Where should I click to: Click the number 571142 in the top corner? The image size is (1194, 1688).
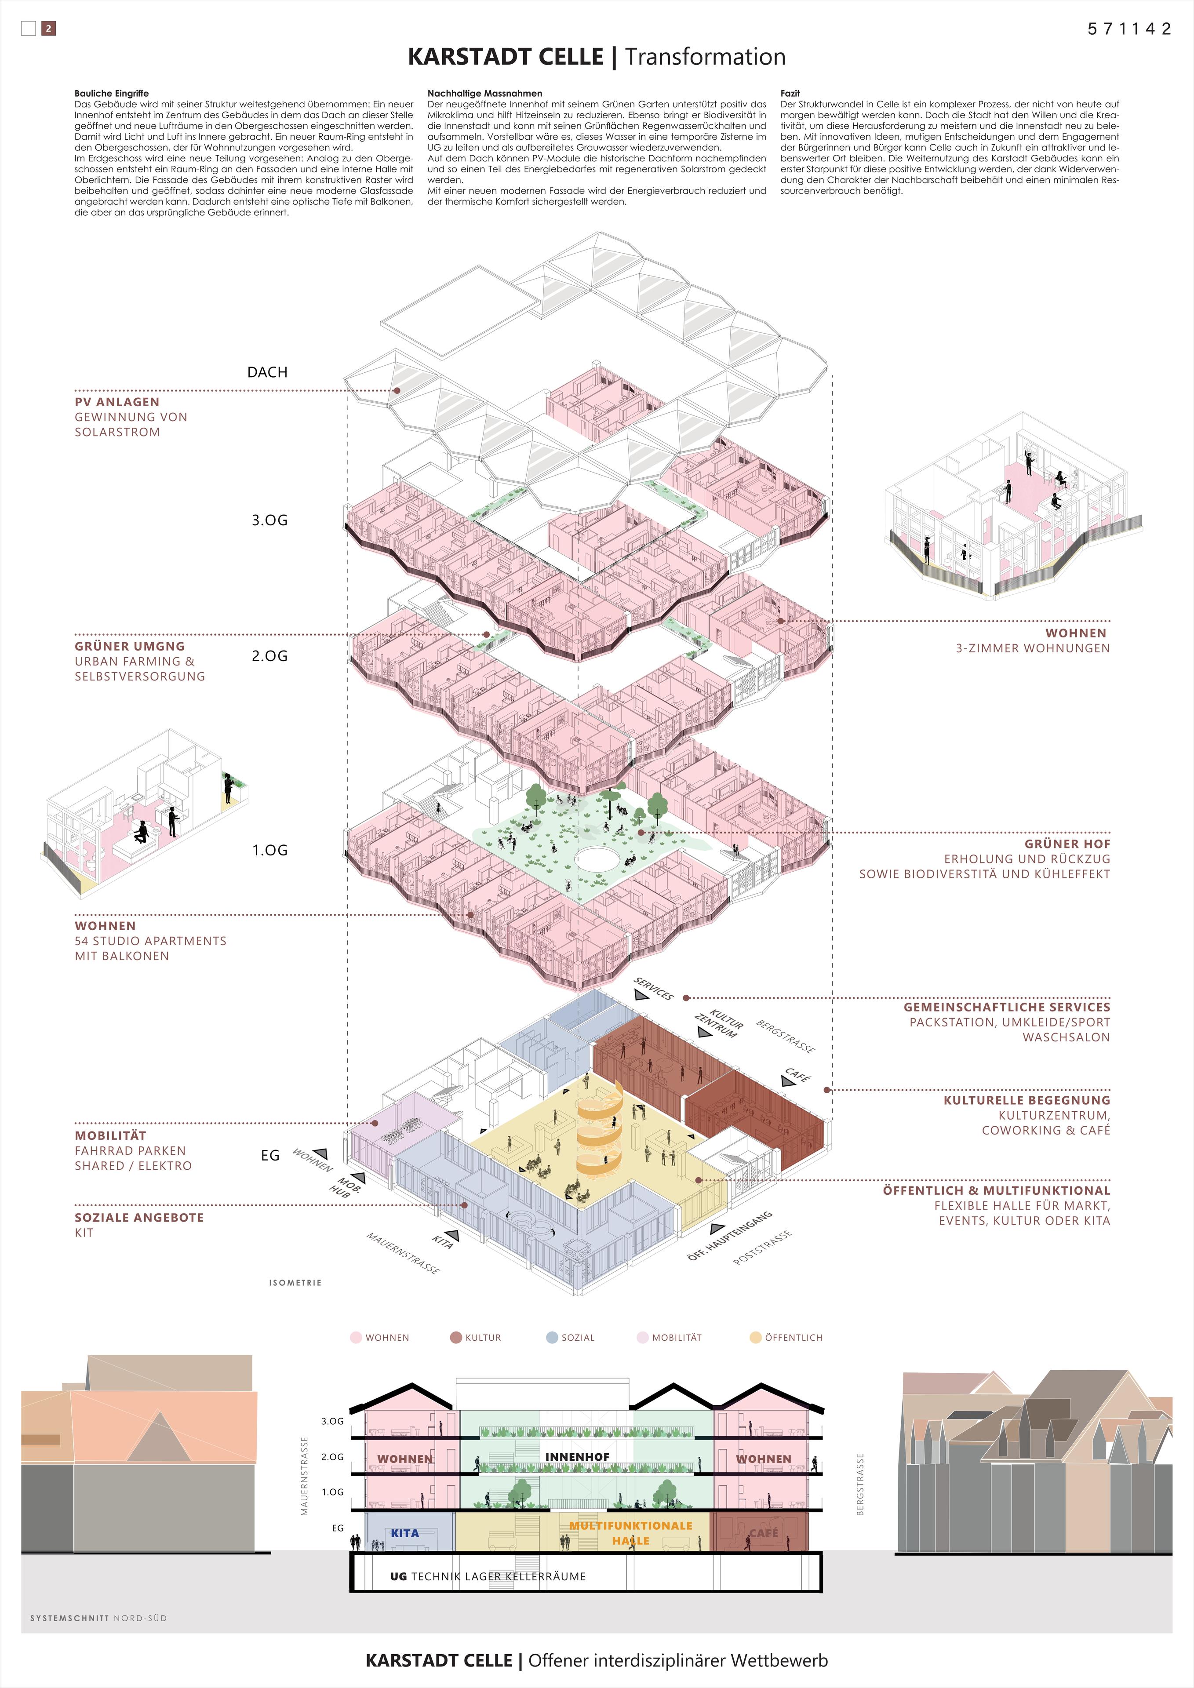tap(1129, 29)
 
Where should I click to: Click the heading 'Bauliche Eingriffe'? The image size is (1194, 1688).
tap(112, 93)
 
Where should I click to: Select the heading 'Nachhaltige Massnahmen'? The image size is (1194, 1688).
tap(484, 93)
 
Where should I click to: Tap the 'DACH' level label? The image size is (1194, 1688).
tap(267, 372)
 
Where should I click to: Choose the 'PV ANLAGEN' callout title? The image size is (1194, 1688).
tap(117, 402)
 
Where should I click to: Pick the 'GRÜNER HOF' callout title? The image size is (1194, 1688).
tap(1067, 844)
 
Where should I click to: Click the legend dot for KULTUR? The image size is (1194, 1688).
tap(456, 1337)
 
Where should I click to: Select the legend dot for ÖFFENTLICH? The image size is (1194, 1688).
tap(755, 1337)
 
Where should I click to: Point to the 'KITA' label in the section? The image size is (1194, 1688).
tap(404, 1533)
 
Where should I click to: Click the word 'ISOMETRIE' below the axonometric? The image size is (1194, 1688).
tap(295, 1283)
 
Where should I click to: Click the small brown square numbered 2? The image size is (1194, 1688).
tap(48, 29)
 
